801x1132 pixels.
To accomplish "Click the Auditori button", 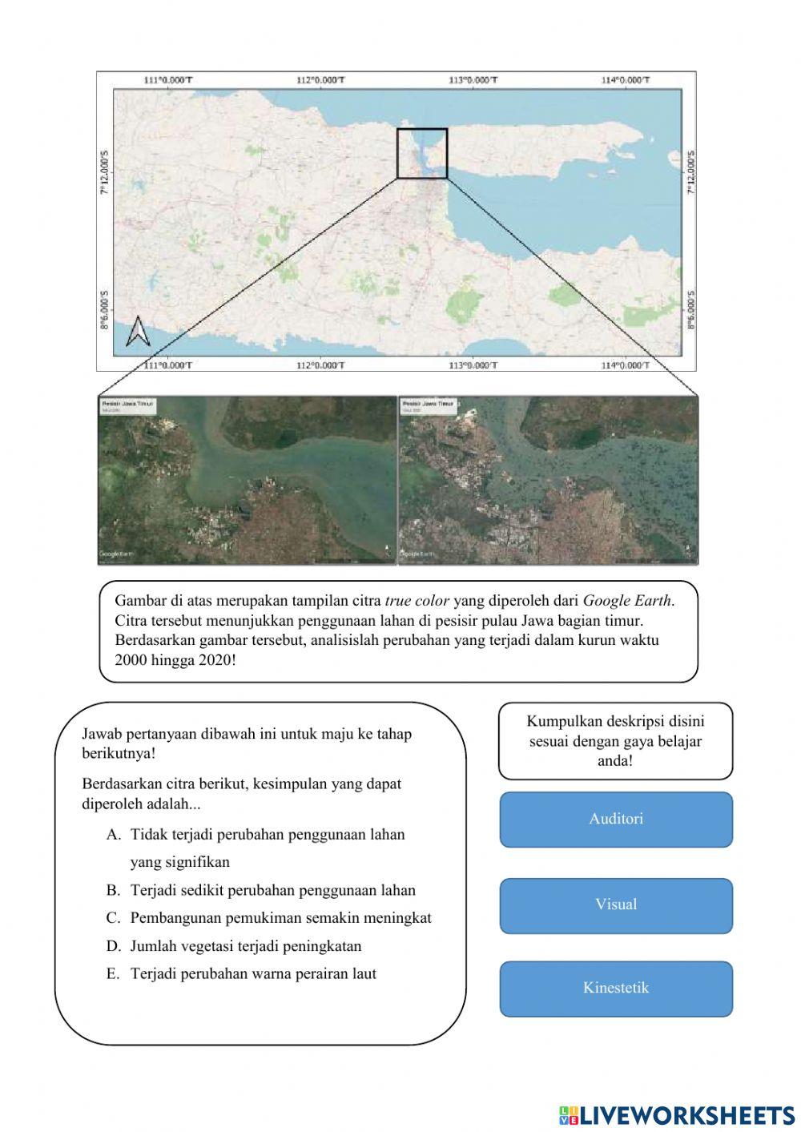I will click(x=616, y=819).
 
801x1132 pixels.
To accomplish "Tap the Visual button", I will click(x=616, y=904).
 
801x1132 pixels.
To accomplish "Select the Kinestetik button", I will click(x=616, y=988).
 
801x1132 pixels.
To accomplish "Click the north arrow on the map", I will click(x=138, y=332).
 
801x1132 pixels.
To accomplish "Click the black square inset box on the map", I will click(x=422, y=153).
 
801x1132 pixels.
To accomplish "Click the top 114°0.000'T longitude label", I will click(x=626, y=79).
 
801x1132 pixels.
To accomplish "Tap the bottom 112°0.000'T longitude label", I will click(x=320, y=365).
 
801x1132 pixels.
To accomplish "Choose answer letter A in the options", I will click(x=113, y=835).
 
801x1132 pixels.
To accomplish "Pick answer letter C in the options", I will click(x=113, y=918).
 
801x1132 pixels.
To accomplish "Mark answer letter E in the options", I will click(x=113, y=974).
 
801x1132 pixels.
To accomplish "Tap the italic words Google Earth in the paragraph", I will click(x=627, y=600).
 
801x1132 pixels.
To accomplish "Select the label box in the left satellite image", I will click(x=127, y=406).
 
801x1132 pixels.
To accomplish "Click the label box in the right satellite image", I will click(x=429, y=406).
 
